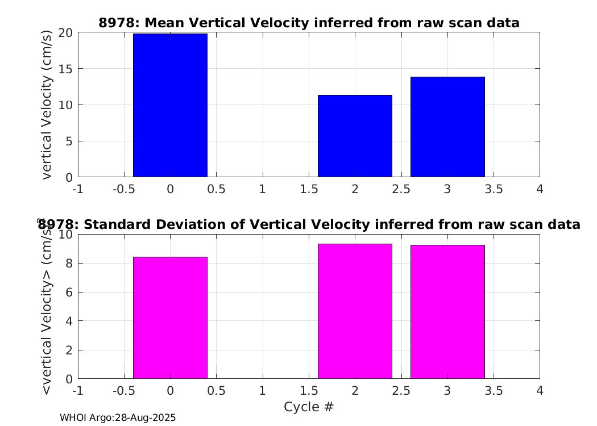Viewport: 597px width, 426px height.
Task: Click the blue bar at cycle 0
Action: click(x=170, y=105)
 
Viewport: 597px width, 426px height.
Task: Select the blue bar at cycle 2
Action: click(x=355, y=136)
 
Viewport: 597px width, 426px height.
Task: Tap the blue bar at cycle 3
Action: click(x=448, y=127)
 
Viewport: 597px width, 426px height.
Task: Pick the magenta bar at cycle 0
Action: click(x=170, y=318)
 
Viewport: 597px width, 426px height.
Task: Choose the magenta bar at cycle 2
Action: click(x=355, y=311)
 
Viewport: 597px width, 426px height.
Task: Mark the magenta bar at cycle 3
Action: click(x=448, y=312)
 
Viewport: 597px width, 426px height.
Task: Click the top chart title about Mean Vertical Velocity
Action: click(x=309, y=23)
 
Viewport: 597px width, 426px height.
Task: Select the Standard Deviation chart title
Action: click(x=309, y=224)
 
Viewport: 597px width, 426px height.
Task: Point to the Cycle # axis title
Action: click(x=309, y=407)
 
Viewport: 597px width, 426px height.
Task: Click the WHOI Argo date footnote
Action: click(x=118, y=417)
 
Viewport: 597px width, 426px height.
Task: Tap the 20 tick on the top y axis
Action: click(x=65, y=33)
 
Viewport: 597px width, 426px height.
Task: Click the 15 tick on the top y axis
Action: click(x=65, y=69)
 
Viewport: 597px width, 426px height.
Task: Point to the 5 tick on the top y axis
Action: click(x=69, y=141)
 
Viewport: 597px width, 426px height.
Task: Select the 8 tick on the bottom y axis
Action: click(x=69, y=263)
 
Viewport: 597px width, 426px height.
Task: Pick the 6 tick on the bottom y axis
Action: click(x=69, y=292)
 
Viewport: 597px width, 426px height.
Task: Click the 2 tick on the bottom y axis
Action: click(x=69, y=350)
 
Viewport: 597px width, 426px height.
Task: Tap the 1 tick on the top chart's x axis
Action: click(x=263, y=189)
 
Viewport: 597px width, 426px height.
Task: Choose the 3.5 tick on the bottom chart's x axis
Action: click(x=494, y=391)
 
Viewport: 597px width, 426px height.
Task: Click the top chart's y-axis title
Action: click(x=46, y=105)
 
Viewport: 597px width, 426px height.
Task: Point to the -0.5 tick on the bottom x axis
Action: click(x=124, y=391)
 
